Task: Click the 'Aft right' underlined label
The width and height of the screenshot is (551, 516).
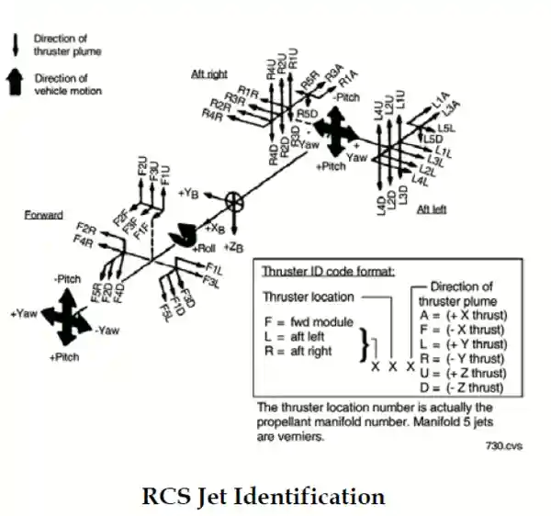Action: point(209,73)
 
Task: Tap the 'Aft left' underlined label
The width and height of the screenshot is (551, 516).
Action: point(431,209)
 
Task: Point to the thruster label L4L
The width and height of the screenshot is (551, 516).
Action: point(421,181)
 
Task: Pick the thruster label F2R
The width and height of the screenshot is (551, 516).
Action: point(87,228)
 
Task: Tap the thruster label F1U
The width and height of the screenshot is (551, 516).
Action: point(164,175)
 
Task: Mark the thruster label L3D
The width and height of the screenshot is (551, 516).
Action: point(401,199)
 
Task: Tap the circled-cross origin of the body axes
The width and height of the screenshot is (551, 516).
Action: point(234,200)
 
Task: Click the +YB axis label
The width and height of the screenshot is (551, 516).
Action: point(191,194)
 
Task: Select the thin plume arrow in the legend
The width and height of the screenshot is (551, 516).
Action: point(17,44)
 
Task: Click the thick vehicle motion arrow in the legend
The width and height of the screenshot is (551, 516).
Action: point(17,84)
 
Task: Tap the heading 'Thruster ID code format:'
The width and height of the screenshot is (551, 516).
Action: point(328,272)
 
